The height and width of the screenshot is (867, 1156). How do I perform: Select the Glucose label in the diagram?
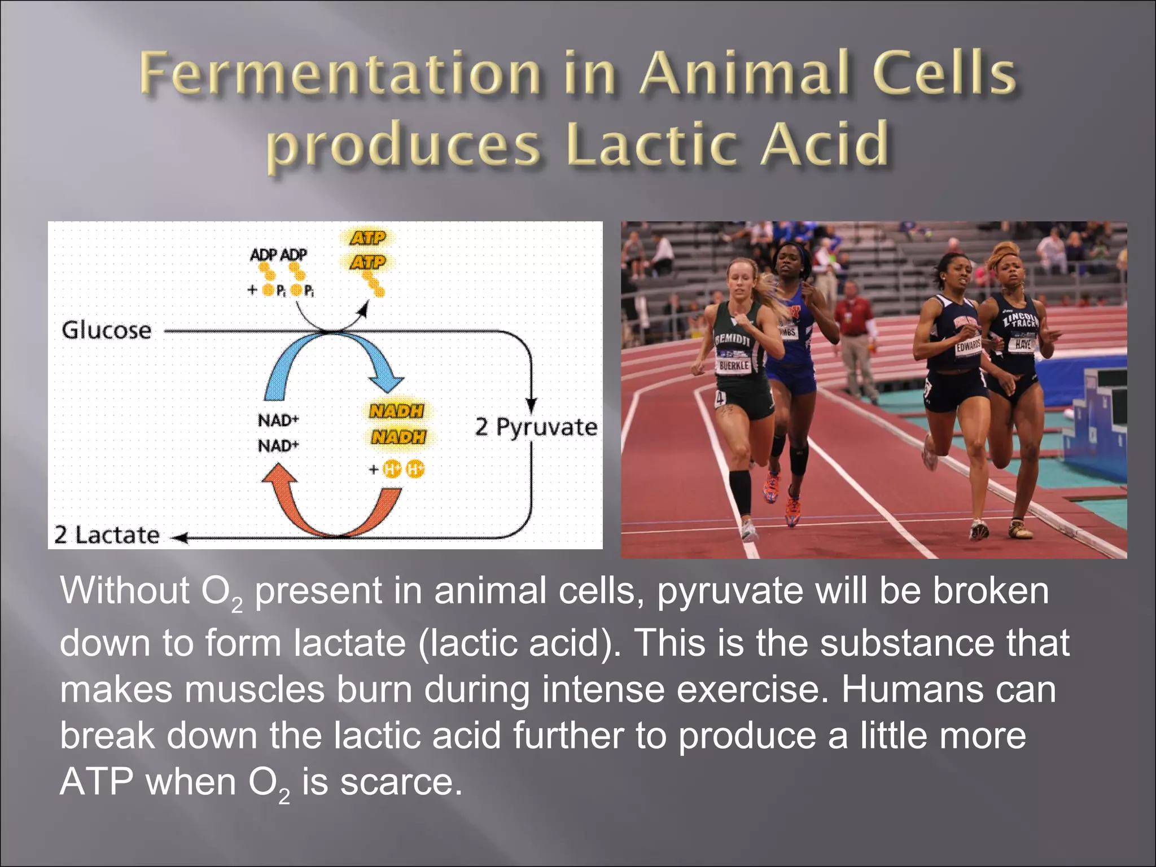pyautogui.click(x=107, y=330)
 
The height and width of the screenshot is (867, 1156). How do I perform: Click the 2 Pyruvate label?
pyautogui.click(x=536, y=427)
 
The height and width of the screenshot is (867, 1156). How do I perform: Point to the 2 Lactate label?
pyautogui.click(x=107, y=535)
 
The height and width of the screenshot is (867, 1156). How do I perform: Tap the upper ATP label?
pyautogui.click(x=368, y=238)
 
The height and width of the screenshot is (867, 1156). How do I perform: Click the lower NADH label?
pyautogui.click(x=398, y=437)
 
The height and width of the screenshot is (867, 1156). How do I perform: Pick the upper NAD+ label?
pyautogui.click(x=278, y=420)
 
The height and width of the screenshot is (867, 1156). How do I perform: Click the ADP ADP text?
pyautogui.click(x=278, y=255)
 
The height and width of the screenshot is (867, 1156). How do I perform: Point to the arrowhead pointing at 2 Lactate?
pyautogui.click(x=179, y=538)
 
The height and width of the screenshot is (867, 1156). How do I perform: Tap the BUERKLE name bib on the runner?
pyautogui.click(x=734, y=365)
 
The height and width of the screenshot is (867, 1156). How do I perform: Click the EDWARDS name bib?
pyautogui.click(x=967, y=346)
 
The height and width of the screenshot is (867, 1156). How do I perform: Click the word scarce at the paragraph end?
pyautogui.click(x=401, y=782)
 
